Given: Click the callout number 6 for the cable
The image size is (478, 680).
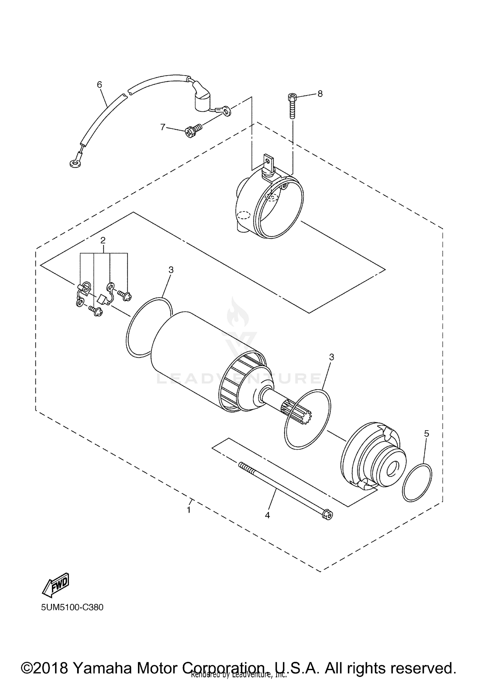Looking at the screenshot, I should [99, 84].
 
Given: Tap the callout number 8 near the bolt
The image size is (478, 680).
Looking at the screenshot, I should [320, 94].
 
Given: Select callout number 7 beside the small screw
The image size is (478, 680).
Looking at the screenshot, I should [163, 127].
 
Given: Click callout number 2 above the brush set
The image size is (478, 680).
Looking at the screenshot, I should [103, 240].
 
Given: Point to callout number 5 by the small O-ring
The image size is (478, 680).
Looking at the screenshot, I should [426, 433].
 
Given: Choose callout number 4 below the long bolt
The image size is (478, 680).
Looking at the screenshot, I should [267, 515].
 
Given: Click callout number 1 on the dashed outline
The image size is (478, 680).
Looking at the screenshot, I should [189, 510].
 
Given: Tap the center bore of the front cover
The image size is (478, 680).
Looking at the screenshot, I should [392, 469].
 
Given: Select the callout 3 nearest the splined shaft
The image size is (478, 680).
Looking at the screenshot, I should [331, 357].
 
